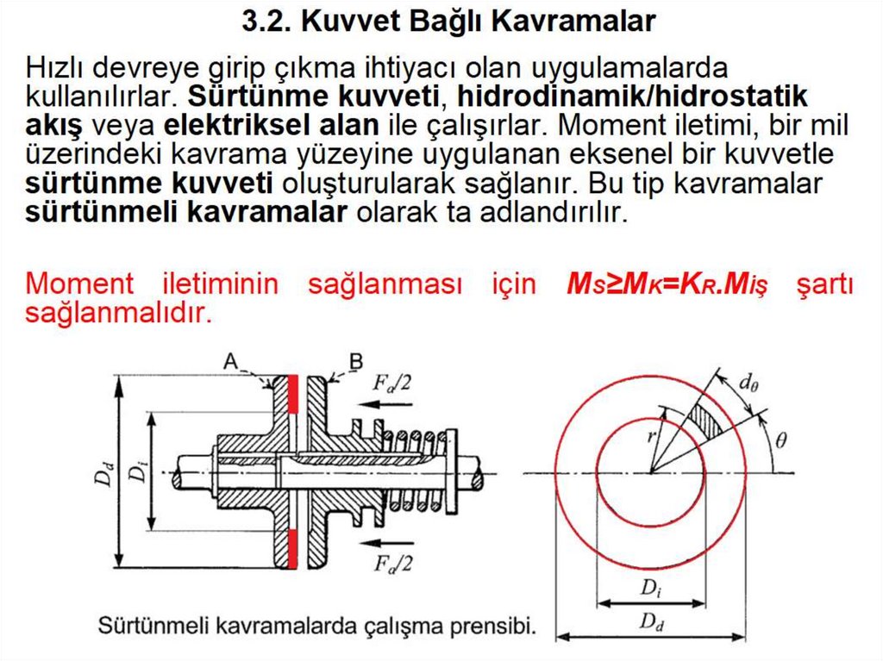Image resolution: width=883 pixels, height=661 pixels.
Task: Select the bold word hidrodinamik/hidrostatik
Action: (x=632, y=96)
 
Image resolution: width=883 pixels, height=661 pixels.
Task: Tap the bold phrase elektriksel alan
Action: (x=271, y=125)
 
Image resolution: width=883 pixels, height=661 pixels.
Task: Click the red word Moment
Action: (x=80, y=284)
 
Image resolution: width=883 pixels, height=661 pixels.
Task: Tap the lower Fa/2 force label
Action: (x=393, y=564)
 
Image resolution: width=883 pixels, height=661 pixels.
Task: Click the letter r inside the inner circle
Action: (x=653, y=435)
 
